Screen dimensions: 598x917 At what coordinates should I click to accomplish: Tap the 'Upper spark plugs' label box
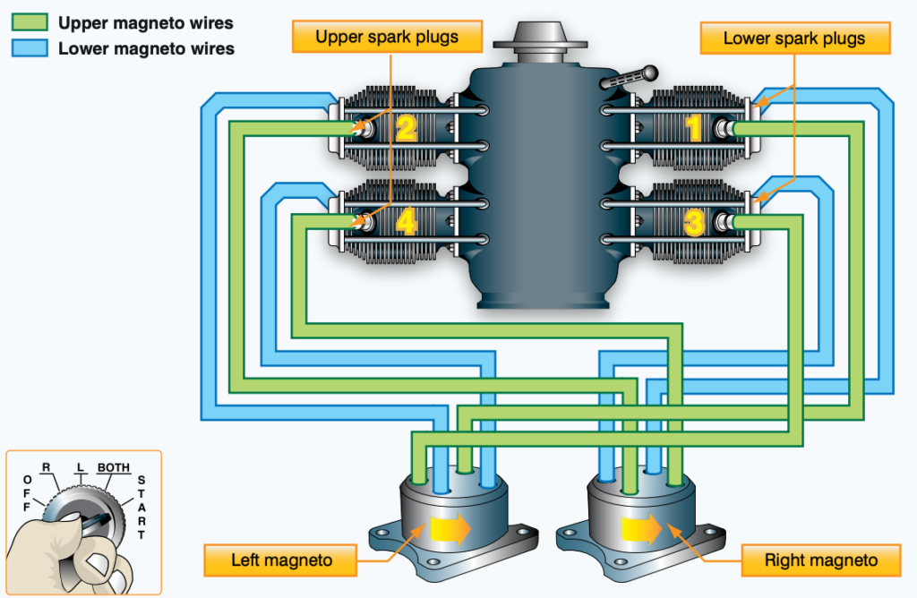[387, 37]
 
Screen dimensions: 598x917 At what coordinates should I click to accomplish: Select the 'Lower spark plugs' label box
[793, 38]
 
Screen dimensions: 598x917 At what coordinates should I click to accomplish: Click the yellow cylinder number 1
[694, 129]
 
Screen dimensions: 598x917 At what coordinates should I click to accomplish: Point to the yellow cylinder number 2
[406, 129]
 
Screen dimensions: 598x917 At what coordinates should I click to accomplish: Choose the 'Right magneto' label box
[820, 561]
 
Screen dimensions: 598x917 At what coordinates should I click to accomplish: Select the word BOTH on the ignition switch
[114, 467]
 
